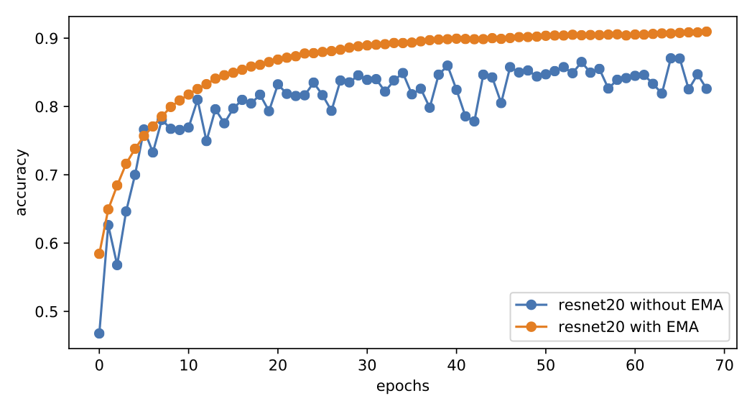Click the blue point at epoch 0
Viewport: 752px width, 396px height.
[x=99, y=333]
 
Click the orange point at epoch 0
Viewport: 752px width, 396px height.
[x=99, y=254]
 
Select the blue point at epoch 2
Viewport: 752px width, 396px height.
[x=117, y=265]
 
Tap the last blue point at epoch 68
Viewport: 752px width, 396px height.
[x=706, y=88]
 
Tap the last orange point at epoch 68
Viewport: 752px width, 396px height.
[x=706, y=32]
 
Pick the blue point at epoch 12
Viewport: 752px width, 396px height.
[x=206, y=141]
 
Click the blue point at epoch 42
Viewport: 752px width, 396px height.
[x=474, y=121]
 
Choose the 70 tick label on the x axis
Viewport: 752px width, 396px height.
[x=724, y=364]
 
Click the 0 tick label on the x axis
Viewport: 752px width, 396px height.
[x=99, y=364]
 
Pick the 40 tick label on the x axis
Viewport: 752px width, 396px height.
[x=456, y=364]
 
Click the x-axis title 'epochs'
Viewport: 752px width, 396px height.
[x=402, y=386]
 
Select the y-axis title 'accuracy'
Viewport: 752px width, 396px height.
[x=22, y=182]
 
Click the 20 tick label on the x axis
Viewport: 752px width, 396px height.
[x=278, y=364]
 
